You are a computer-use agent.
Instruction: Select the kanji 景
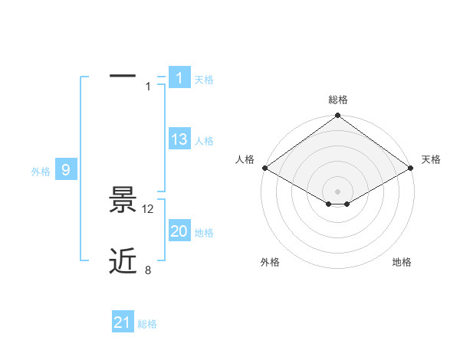[x=123, y=201]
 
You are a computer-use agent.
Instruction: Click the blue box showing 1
[x=179, y=77]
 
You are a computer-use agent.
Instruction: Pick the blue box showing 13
[x=179, y=139]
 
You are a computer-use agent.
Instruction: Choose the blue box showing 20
[x=179, y=231]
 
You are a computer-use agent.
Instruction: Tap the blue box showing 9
[x=66, y=170]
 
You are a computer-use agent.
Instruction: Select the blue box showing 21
[x=123, y=322]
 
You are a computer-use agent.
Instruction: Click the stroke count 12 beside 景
[x=149, y=208]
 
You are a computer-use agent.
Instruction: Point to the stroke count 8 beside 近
[x=148, y=270]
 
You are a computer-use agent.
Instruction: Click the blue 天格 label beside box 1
[x=204, y=80]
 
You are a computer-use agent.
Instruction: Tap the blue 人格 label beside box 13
[x=204, y=141]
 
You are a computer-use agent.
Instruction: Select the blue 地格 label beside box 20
[x=204, y=233]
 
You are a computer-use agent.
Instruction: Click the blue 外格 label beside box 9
[x=41, y=172]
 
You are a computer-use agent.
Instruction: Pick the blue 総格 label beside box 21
[x=147, y=325]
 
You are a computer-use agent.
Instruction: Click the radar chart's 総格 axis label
[x=338, y=100]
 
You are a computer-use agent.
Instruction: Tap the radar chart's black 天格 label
[x=431, y=159]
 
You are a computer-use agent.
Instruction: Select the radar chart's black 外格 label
[x=270, y=262]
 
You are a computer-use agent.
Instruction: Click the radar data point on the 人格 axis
[x=264, y=168]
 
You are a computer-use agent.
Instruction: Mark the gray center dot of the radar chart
[x=338, y=191]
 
